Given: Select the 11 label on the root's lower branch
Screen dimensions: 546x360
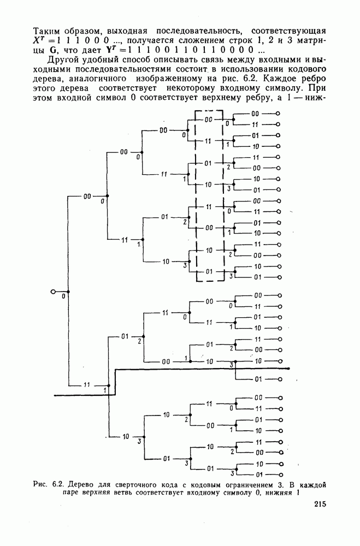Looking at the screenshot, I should [x=87, y=385].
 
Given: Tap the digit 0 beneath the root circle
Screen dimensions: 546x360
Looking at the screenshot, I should [x=63, y=297].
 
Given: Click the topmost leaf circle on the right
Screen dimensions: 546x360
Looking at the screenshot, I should [x=279, y=114].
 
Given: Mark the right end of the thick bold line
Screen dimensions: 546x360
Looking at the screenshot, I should [x=288, y=369].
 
